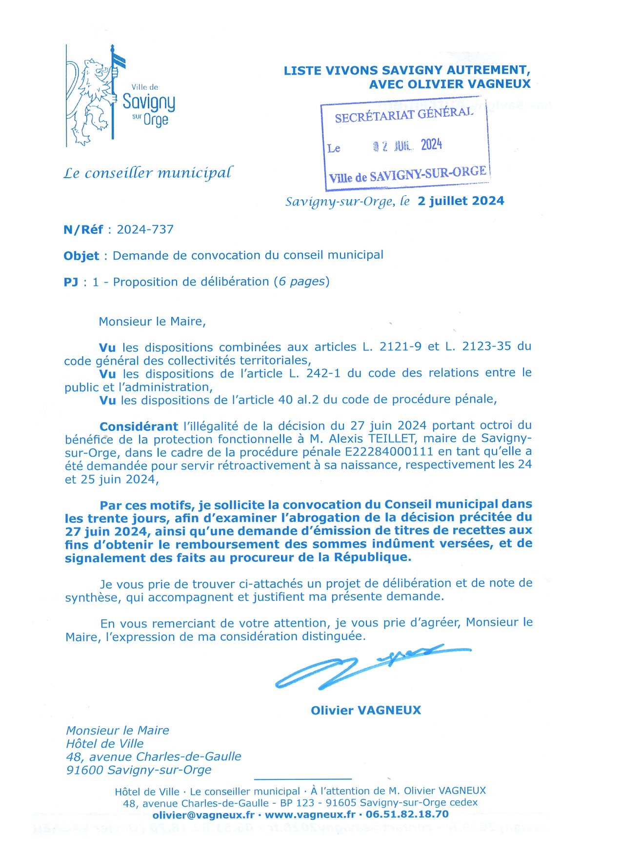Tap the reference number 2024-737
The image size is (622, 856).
145,229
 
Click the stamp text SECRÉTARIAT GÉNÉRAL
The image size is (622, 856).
404,115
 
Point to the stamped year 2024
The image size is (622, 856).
431,145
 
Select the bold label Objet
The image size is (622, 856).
81,256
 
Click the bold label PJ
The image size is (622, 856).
71,282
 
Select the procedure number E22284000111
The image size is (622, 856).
388,452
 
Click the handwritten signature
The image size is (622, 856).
366,666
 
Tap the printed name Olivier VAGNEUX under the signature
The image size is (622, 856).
366,710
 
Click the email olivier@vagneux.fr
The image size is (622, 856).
203,815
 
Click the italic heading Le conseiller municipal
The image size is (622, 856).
148,173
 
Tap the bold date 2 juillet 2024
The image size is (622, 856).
461,201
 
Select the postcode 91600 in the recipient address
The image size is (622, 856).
84,770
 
